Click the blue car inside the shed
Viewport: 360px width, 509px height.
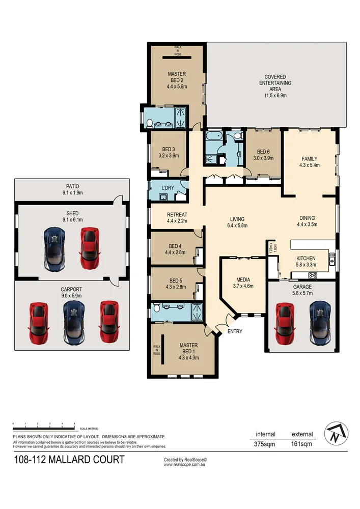coord(55,248)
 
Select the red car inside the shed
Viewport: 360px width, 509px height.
coord(89,248)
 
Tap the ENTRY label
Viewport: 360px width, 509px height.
coord(235,331)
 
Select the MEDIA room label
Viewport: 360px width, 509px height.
coord(242,279)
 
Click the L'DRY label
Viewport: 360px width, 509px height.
coord(168,188)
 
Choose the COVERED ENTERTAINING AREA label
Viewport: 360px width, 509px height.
coord(275,82)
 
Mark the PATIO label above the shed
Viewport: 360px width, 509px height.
coord(72,186)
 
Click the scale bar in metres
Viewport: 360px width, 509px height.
coord(43,425)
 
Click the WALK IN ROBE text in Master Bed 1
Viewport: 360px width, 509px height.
coord(156,350)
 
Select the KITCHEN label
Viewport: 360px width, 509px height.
coord(306,259)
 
